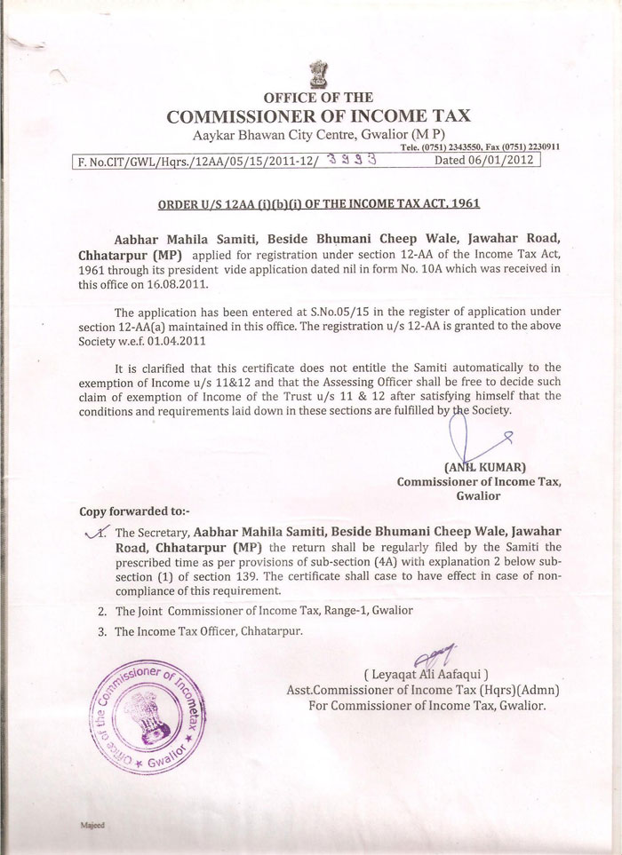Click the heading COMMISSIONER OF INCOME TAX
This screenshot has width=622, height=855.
(319, 115)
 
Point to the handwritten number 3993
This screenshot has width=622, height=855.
(353, 161)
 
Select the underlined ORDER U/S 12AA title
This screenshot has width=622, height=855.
(319, 203)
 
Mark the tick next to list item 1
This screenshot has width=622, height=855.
(94, 531)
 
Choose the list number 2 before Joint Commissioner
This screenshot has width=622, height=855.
(103, 611)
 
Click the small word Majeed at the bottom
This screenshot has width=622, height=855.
(92, 825)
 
